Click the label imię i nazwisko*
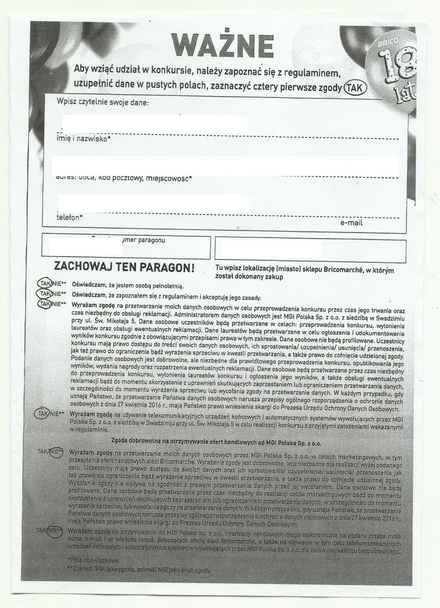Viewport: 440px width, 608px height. pos(84,139)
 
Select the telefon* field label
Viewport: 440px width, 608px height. pos(70,217)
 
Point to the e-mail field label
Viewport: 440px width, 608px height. pos(351,223)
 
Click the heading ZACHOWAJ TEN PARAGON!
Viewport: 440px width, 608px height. pos(124,267)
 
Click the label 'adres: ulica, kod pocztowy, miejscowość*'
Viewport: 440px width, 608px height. pos(125,178)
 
